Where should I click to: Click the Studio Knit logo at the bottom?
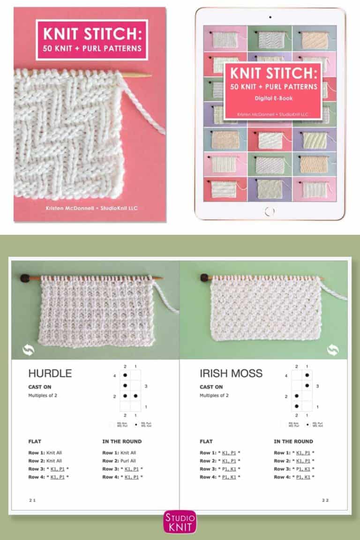(180, 522)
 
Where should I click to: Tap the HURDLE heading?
(50, 374)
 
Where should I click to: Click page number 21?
(32, 500)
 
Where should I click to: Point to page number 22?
(325, 500)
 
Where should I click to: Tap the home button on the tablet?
(270, 210)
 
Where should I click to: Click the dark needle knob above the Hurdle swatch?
(24, 278)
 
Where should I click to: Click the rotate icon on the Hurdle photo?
(28, 349)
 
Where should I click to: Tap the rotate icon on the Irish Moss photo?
(333, 349)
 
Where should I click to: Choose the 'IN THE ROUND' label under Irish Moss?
(293, 442)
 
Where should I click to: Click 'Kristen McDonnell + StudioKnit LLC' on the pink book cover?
(90, 206)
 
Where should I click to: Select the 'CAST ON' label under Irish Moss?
(211, 387)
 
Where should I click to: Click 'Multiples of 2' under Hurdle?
(43, 396)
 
